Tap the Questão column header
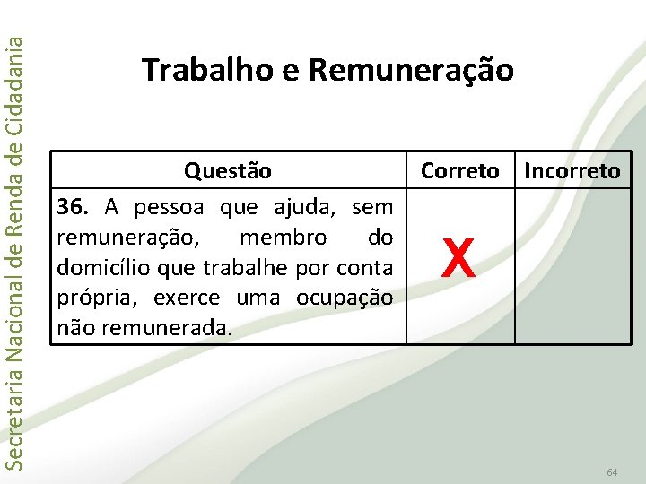(228, 170)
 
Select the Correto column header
(460, 170)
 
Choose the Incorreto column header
(572, 170)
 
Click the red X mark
(458, 260)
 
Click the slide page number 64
(612, 471)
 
